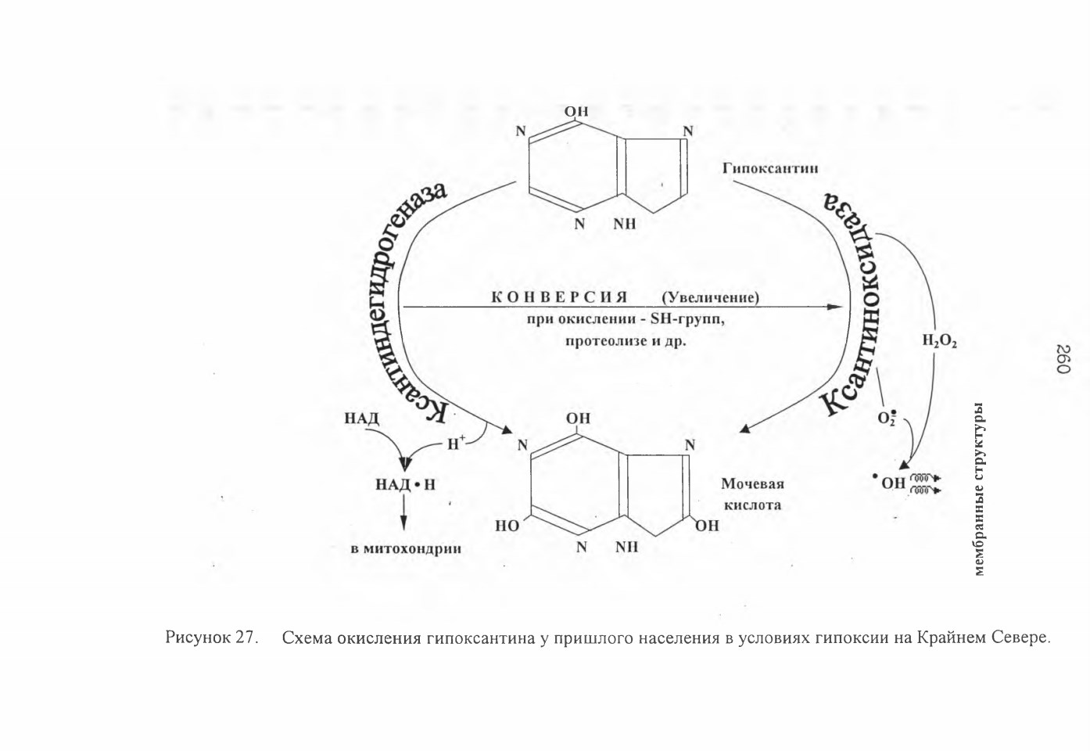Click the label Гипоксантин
(x=770, y=168)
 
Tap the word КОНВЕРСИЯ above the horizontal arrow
(x=560, y=297)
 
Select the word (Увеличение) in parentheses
(x=711, y=297)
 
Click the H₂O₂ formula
(x=940, y=341)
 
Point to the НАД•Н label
(x=405, y=485)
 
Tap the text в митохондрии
(x=406, y=549)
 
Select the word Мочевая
(x=752, y=483)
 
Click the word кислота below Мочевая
(x=753, y=505)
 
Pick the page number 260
(x=1063, y=359)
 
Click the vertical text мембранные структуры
(x=980, y=489)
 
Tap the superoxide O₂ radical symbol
(x=887, y=418)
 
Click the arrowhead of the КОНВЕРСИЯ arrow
(x=836, y=307)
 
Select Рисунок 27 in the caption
(x=210, y=637)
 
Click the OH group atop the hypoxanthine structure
(x=576, y=111)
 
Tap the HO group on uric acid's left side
(x=507, y=526)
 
